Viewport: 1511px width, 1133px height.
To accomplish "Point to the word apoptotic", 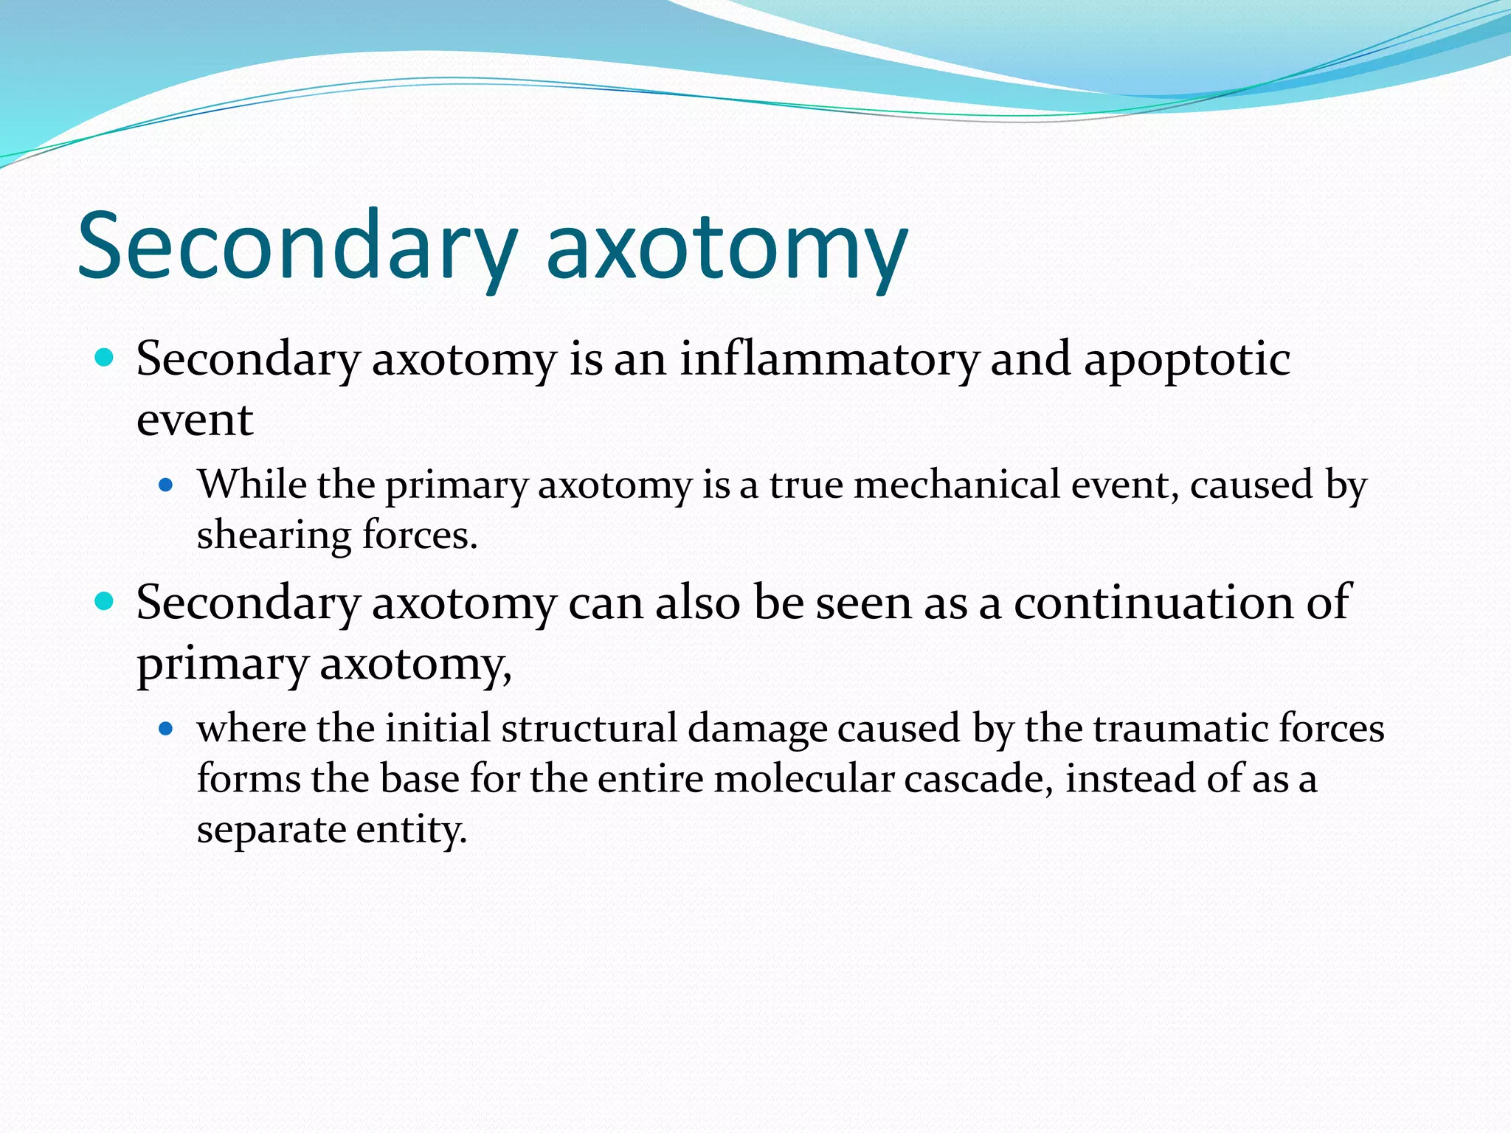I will tap(1187, 361).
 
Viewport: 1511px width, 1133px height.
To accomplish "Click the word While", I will tap(252, 485).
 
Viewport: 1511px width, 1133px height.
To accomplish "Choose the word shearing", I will tap(274, 536).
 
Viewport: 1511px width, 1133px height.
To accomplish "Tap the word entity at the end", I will tap(412, 830).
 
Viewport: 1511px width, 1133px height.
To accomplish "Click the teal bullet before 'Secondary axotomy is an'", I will tap(105, 358).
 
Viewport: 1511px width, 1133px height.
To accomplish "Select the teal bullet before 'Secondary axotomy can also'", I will tap(105, 602).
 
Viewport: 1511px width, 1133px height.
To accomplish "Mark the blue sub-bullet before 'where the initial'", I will tap(166, 730).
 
